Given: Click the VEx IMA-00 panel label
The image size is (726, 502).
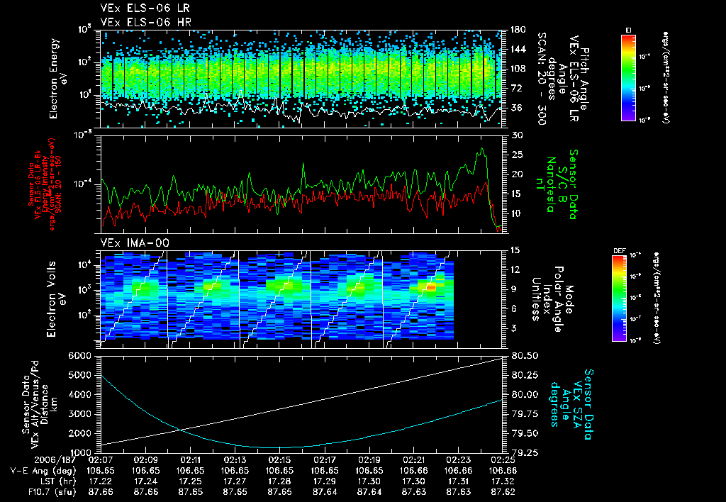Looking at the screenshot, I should click(130, 242).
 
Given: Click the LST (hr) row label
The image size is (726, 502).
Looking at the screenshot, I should click(42, 480).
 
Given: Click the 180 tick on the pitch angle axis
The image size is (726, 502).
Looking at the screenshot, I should click(517, 30).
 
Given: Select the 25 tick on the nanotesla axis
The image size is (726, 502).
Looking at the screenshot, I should click(516, 154).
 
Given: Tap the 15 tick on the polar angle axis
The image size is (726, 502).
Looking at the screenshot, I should click(515, 250).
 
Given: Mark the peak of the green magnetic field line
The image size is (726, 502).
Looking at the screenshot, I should click(482, 149).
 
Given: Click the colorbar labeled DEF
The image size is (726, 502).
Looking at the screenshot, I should click(628, 298).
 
